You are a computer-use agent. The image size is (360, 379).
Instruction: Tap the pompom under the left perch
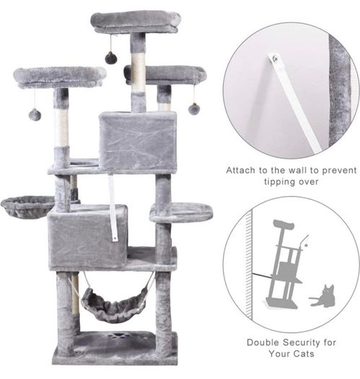tap(35, 115)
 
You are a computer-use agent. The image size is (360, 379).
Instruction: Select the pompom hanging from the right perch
tap(194, 108)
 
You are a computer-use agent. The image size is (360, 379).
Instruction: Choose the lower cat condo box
tap(87, 238)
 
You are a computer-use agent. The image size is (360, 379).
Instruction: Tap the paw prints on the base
tap(118, 337)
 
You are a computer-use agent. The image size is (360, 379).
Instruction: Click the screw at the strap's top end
tap(275, 58)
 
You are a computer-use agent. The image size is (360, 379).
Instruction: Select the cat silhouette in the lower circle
tap(322, 296)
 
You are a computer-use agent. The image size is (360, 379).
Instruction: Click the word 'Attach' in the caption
tap(240, 170)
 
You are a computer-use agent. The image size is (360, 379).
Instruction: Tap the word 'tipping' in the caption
tap(280, 182)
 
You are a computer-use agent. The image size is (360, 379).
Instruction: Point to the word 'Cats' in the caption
tap(303, 354)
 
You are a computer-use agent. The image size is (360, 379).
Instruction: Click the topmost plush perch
tap(136, 22)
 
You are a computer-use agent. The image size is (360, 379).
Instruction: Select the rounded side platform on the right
tap(181, 212)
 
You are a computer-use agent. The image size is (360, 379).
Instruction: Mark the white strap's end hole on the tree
tap(115, 238)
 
